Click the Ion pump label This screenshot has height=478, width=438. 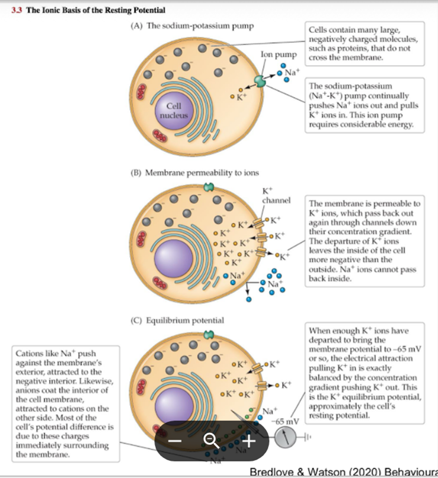click(274, 55)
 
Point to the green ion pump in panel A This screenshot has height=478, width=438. click(260, 81)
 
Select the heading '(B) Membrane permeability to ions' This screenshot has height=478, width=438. click(194, 173)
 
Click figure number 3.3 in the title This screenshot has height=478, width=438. click(17, 11)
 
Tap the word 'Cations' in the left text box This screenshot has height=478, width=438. click(30, 354)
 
